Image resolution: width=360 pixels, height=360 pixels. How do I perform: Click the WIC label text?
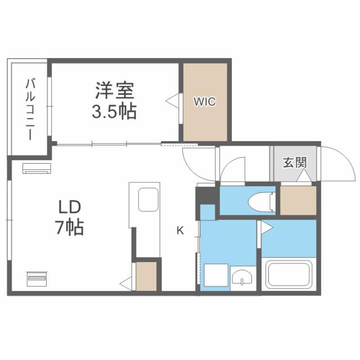(x=204, y=102)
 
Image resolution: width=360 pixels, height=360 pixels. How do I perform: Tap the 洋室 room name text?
(x=114, y=90)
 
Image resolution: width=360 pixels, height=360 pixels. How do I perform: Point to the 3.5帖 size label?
(x=114, y=111)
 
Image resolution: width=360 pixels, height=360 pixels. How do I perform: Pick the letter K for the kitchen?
(x=180, y=229)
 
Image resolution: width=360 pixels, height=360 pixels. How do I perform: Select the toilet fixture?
(x=262, y=200)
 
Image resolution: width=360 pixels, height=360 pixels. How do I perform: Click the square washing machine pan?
(x=215, y=276)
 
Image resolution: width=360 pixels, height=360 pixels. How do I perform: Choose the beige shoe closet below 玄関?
(x=298, y=199)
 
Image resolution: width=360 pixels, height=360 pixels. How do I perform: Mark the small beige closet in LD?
(x=146, y=276)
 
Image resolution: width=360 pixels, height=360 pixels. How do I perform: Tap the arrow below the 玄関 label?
(x=304, y=177)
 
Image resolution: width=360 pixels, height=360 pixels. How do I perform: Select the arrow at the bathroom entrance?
(x=265, y=228)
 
